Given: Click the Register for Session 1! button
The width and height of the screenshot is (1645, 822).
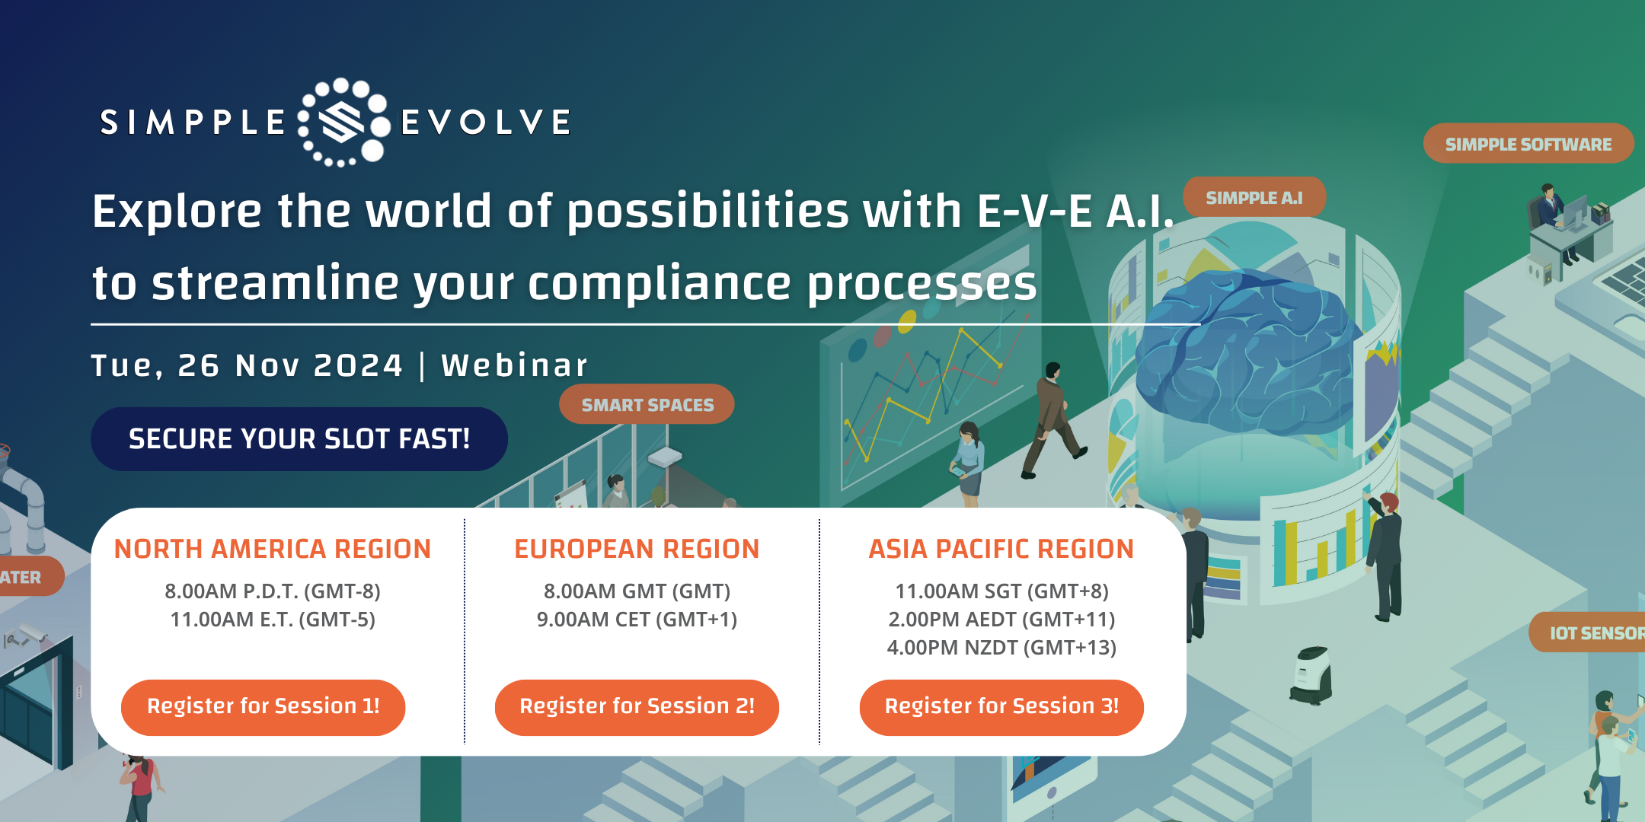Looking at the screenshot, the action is (263, 707).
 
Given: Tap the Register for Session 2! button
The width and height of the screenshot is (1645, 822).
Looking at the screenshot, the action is (637, 707).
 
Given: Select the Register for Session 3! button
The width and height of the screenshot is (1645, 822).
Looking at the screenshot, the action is (1001, 707).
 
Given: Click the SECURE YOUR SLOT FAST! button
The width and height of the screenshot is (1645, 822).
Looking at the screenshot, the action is (299, 439).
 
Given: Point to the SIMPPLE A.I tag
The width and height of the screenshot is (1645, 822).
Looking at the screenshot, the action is (1254, 198).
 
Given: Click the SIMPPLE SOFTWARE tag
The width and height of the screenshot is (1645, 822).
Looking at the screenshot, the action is (1528, 144).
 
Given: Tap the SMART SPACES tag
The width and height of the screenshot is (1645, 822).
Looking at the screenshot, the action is (647, 405).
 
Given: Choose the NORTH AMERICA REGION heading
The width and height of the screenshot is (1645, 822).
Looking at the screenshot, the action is (273, 549).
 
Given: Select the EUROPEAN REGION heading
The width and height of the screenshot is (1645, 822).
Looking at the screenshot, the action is (637, 549).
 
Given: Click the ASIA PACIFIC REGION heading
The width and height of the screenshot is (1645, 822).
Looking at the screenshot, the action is (1001, 549).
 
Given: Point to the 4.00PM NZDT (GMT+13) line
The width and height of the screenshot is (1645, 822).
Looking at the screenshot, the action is (1001, 648).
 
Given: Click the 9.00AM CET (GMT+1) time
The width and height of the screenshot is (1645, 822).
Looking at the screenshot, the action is (637, 620).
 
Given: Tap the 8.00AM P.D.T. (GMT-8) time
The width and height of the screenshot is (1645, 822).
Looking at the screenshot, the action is (273, 591).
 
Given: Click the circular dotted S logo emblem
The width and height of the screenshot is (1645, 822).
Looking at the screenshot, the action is (343, 122).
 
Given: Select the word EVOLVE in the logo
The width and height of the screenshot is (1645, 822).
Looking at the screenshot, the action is (486, 123).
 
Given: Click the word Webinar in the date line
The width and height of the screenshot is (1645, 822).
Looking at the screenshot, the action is (515, 365).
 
